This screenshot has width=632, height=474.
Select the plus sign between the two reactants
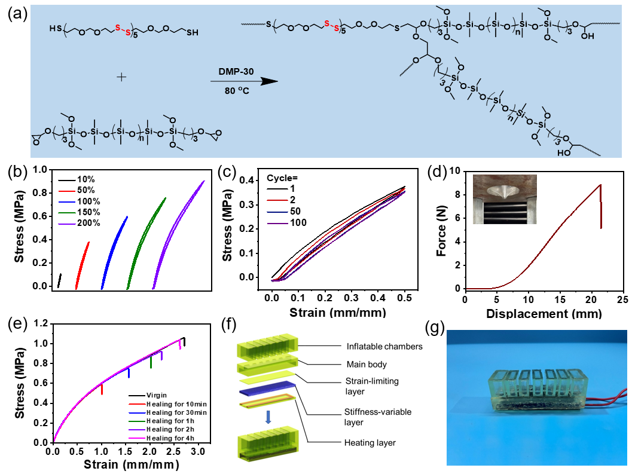[121, 77]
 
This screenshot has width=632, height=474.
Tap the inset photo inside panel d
[504, 199]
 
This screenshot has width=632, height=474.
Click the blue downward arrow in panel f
[268, 418]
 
